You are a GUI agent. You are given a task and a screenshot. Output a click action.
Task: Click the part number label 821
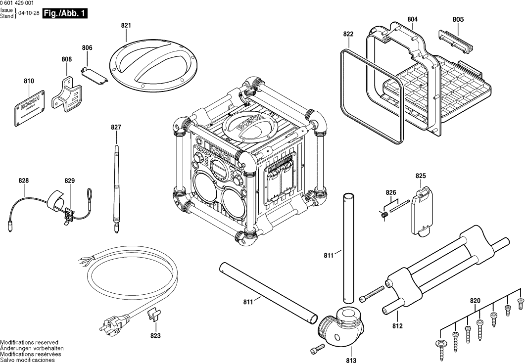(126, 25)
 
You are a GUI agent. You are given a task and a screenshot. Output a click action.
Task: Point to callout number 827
(116, 128)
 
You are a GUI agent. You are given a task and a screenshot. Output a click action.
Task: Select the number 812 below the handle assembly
(397, 326)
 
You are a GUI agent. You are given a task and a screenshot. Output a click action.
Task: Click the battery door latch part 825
(421, 211)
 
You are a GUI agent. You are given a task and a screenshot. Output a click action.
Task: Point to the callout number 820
(475, 300)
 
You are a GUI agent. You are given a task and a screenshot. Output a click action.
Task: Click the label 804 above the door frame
(412, 19)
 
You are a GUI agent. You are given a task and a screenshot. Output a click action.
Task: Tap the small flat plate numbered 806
(94, 73)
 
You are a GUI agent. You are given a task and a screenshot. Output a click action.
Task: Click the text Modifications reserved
(29, 342)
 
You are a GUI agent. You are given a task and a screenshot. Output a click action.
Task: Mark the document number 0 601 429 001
(17, 3)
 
